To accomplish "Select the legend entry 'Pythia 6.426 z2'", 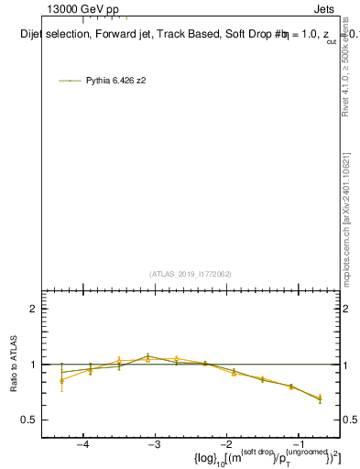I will (x=115, y=81).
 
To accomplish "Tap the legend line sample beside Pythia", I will (x=70, y=81).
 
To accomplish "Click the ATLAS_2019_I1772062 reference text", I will (x=191, y=274).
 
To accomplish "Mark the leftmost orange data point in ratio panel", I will (x=61, y=380).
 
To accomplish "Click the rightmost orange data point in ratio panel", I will (x=320, y=398).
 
